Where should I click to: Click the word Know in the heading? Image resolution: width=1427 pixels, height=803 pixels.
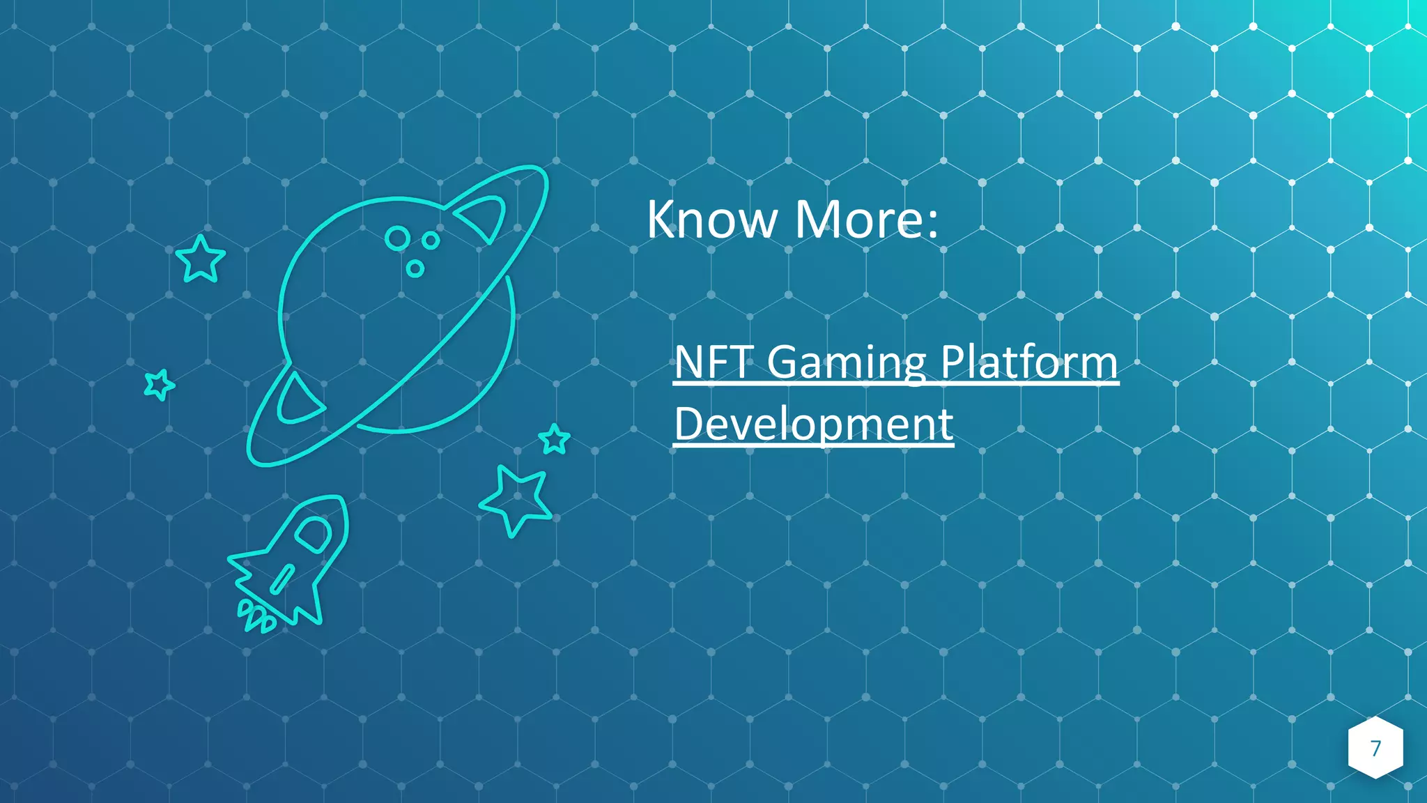[711, 220]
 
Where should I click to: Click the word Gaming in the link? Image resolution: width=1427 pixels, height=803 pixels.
[846, 363]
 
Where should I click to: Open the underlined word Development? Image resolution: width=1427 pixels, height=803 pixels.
[813, 424]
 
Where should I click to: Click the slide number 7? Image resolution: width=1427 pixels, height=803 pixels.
[1375, 748]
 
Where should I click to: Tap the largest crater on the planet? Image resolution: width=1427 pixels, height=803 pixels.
[398, 238]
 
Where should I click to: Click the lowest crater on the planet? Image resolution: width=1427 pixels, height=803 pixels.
[415, 268]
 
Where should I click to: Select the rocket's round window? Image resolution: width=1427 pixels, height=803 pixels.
[313, 534]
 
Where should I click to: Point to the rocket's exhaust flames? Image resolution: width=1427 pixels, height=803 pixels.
[256, 617]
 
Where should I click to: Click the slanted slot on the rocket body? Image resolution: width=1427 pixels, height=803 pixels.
[282, 579]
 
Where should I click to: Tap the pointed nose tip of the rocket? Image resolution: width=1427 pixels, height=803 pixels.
[340, 499]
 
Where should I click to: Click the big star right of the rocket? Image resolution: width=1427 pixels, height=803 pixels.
[516, 499]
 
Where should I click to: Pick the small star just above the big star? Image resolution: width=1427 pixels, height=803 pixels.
[555, 439]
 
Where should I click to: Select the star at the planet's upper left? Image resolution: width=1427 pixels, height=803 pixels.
[201, 259]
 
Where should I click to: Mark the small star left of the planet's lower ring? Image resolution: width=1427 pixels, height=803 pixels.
[159, 384]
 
